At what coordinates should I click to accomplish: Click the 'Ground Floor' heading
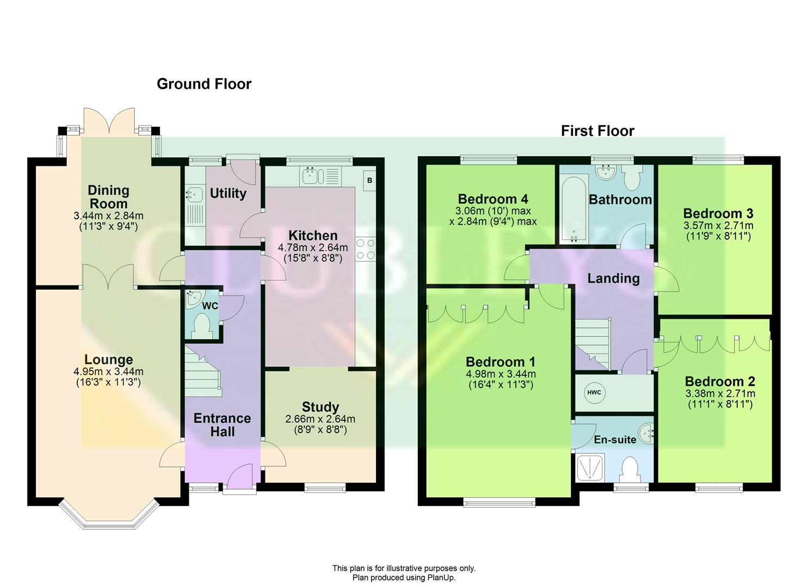[204, 84]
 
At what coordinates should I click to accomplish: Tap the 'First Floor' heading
[597, 131]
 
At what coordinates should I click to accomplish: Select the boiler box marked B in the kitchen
[369, 180]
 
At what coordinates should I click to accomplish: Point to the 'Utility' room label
[228, 193]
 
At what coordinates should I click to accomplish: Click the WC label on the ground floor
[210, 306]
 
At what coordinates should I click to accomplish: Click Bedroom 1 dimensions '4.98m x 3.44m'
[501, 374]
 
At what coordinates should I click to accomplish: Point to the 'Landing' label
[613, 278]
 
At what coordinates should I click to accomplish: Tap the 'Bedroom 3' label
[718, 213]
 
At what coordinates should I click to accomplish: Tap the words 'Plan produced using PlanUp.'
[404, 578]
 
